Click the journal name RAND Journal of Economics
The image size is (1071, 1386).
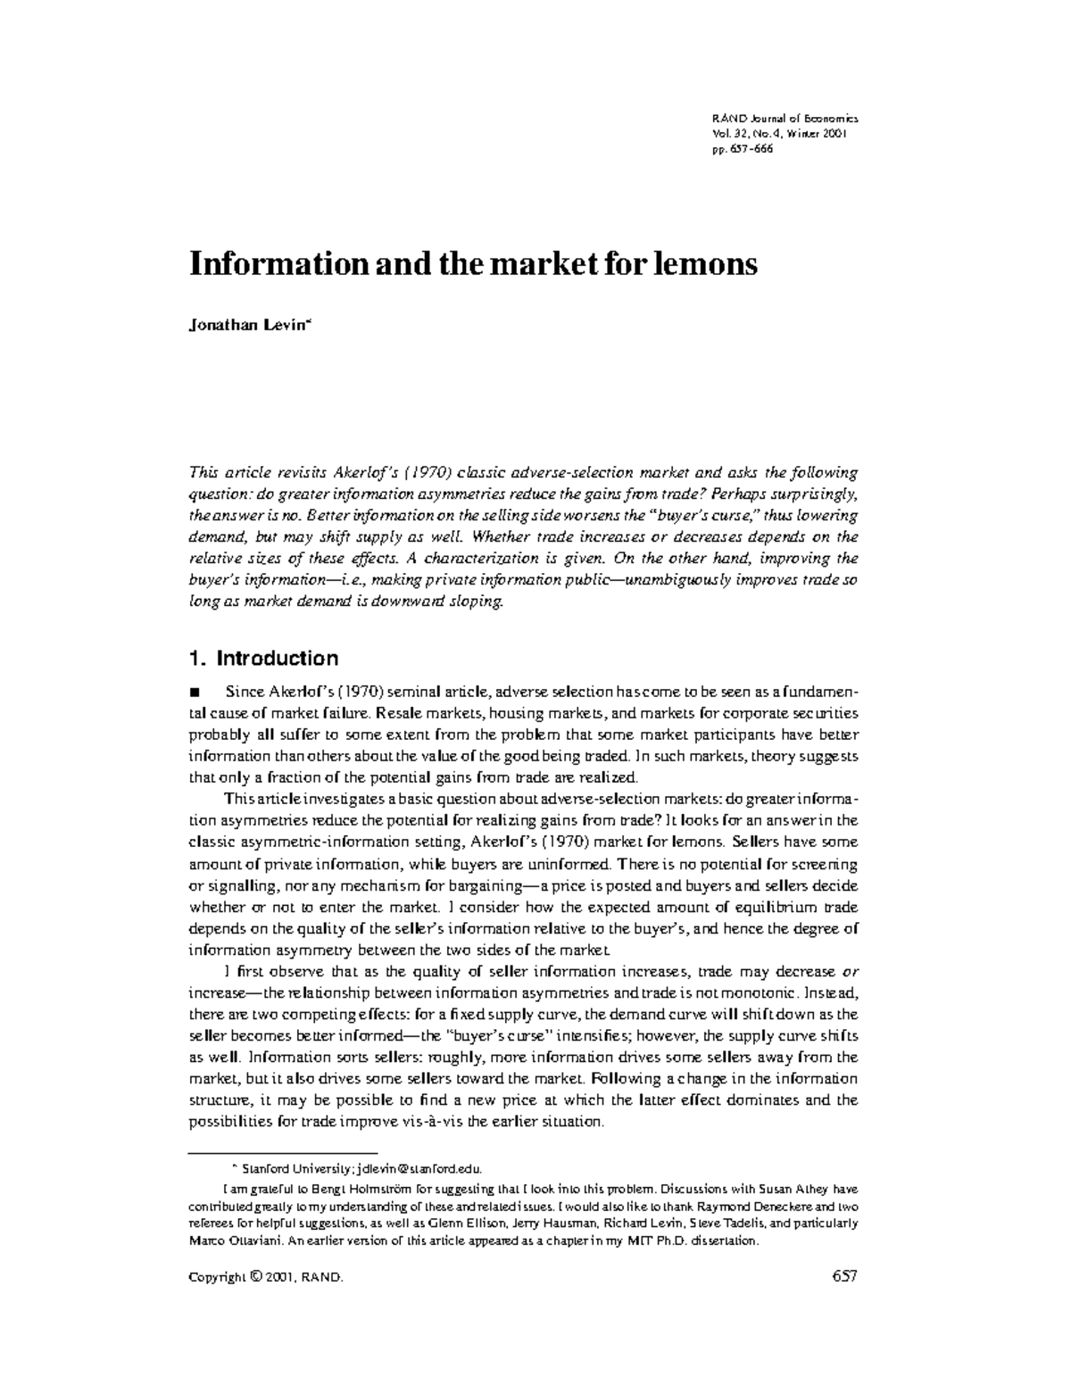pyautogui.click(x=785, y=119)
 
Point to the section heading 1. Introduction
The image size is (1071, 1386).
pyautogui.click(x=264, y=659)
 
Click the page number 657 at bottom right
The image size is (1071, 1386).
pyautogui.click(x=843, y=1276)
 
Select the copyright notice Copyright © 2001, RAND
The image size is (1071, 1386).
pyautogui.click(x=266, y=1277)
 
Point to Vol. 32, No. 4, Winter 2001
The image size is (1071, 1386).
pyautogui.click(x=778, y=134)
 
